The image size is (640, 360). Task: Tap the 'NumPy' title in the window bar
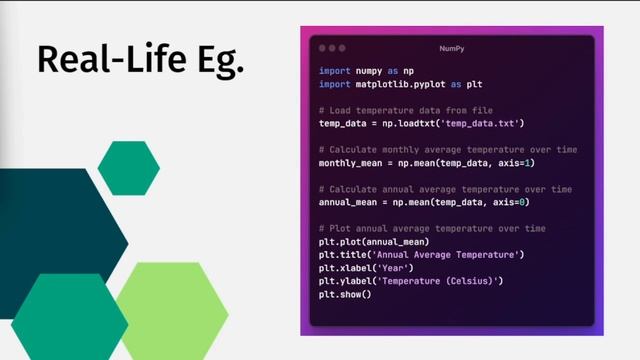pos(452,48)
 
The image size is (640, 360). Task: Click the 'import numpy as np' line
pos(365,72)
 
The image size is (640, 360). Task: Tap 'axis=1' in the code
pos(516,163)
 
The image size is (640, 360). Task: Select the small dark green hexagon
pos(129,168)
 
